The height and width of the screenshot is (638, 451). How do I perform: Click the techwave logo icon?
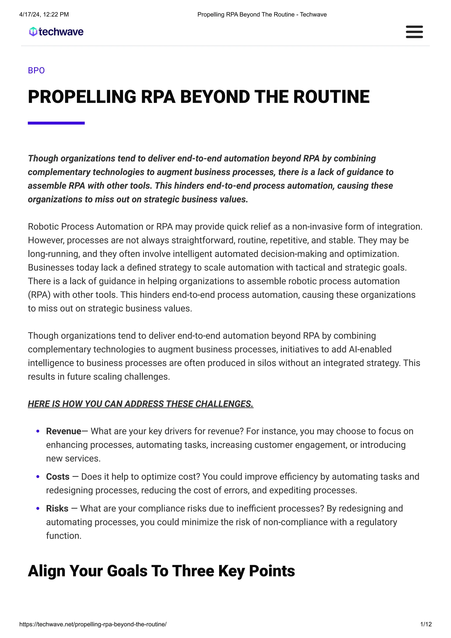pos(33,32)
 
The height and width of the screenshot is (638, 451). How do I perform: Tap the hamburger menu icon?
pos(414,32)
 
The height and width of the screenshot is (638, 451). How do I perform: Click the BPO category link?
pos(36,71)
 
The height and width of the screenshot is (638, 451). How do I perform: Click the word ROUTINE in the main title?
pos(331,97)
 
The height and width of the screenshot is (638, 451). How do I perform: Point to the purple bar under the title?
pos(56,123)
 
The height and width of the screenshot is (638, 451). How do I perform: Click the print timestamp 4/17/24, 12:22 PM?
pos(44,15)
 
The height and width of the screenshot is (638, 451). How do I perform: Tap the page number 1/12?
pos(426,624)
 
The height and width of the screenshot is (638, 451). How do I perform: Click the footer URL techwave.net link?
pos(93,624)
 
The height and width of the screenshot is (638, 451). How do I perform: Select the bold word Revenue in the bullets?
pos(64,431)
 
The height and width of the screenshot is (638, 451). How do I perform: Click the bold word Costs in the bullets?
pos(57,477)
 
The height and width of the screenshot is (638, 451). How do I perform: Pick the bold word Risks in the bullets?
pos(57,508)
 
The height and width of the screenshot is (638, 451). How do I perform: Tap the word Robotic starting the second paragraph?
pos(43,227)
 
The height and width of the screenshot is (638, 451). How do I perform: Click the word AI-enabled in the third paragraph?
pos(370,349)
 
